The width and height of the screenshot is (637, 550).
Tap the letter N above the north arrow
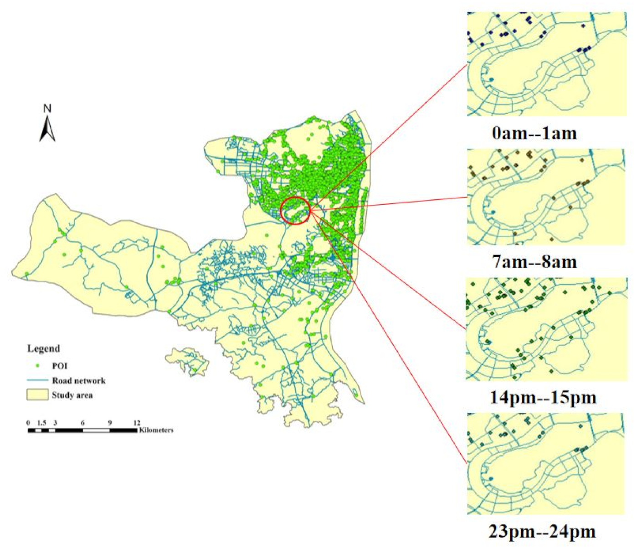[47, 109]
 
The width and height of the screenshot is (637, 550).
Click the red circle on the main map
[295, 210]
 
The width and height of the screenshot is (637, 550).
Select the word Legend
[43, 349]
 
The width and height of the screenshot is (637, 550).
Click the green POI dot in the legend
[37, 366]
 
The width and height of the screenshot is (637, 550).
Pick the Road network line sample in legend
[37, 380]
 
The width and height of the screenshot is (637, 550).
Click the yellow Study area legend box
[37, 395]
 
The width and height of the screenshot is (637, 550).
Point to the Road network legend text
[78, 381]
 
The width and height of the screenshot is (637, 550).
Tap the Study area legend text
[72, 395]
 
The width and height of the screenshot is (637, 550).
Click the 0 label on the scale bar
[28, 423]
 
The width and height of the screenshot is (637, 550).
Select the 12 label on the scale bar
[137, 423]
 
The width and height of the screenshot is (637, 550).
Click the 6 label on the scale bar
[82, 423]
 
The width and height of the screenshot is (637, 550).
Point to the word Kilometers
[156, 430]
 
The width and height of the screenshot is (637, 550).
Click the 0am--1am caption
[534, 133]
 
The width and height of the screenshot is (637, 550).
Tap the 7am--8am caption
[534, 262]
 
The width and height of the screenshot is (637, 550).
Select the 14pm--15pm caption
[543, 397]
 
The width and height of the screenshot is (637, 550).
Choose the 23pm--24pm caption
[542, 532]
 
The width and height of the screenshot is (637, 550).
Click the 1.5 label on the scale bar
[41, 423]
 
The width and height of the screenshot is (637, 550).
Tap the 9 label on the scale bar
[110, 423]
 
